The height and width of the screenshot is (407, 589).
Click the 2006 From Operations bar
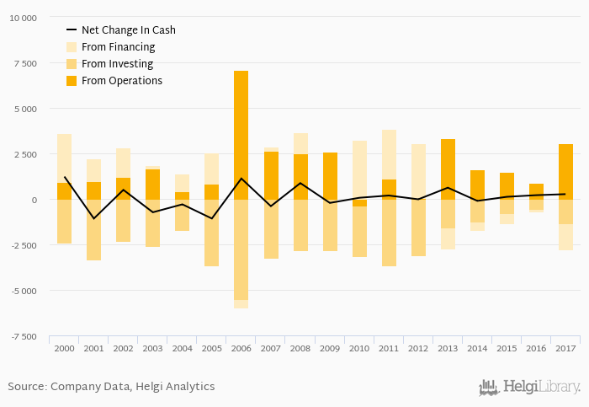(x=241, y=135)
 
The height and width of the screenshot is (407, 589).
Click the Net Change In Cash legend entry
(x=128, y=30)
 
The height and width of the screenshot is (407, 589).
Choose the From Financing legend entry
(x=118, y=47)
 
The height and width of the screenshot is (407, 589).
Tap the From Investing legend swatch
(x=72, y=64)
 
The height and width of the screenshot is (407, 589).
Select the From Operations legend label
(x=122, y=81)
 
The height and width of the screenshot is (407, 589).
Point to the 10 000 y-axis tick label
(x=23, y=18)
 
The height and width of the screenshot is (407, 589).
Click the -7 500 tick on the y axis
(x=23, y=336)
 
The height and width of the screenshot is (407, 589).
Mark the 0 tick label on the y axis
(x=34, y=200)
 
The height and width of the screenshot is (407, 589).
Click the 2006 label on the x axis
(x=241, y=347)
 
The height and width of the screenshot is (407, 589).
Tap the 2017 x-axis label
(x=565, y=347)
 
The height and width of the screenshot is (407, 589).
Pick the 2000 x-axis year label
(x=64, y=347)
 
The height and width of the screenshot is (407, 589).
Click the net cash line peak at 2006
(x=241, y=179)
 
